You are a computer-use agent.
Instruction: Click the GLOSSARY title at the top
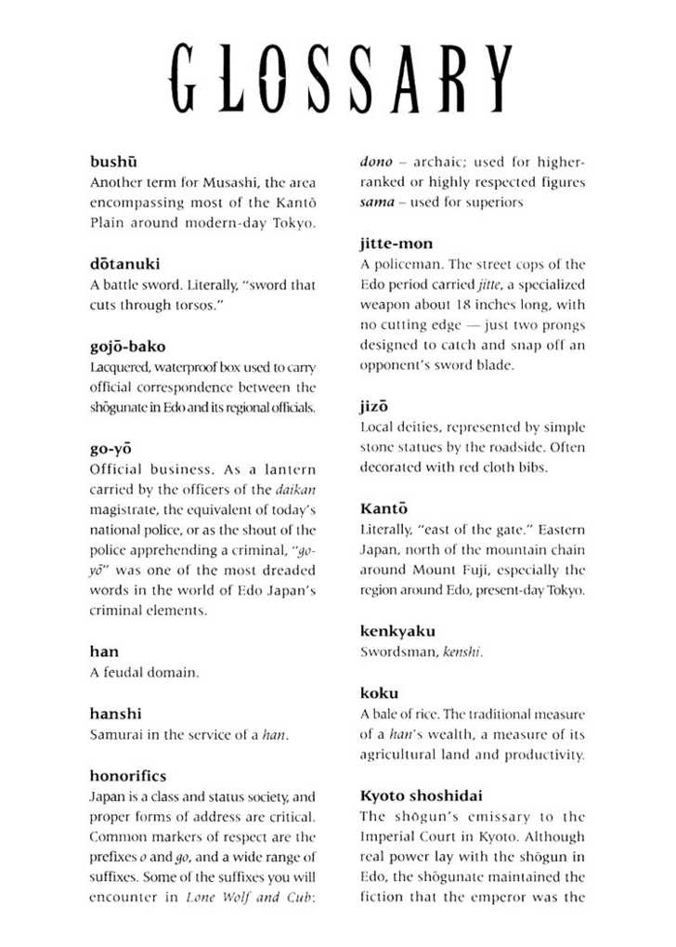[x=342, y=77]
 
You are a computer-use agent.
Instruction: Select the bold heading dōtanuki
[x=124, y=264]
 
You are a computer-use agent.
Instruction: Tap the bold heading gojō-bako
[x=128, y=347]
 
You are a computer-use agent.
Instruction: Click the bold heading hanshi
[x=116, y=714]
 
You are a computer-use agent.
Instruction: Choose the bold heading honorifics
[x=128, y=776]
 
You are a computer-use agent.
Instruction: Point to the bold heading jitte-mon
[x=396, y=243]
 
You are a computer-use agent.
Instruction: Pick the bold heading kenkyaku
[x=397, y=631]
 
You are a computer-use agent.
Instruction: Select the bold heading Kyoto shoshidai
[x=421, y=796]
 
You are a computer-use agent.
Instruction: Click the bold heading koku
[x=379, y=693]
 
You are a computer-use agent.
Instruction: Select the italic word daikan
[x=296, y=489]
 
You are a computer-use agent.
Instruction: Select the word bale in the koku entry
[x=385, y=715]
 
